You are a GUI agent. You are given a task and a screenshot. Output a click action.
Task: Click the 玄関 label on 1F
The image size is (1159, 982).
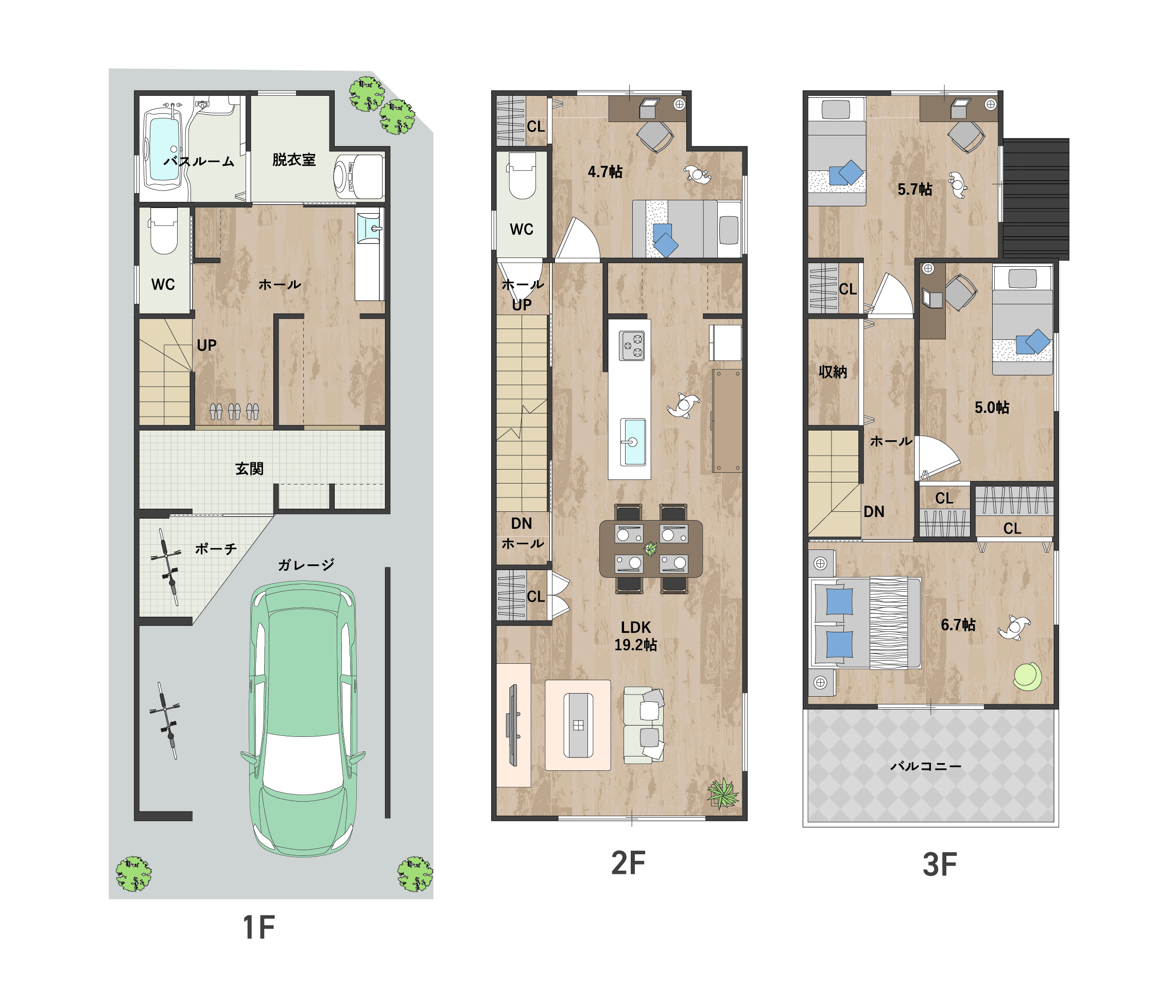[249, 469]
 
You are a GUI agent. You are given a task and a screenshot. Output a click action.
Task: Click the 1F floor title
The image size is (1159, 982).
[259, 927]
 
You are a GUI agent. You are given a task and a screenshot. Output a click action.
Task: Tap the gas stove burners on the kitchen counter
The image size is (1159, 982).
[631, 346]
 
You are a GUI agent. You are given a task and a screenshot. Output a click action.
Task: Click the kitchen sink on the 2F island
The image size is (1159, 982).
[633, 441]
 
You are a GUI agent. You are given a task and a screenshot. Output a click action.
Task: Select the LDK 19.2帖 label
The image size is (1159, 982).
[635, 636]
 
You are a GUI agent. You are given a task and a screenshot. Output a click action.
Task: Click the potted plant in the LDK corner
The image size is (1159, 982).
[722, 794]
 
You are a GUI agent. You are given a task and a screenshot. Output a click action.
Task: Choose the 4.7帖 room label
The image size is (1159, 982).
[605, 171]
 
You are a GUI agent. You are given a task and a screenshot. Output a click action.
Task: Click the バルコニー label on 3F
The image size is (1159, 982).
[926, 766]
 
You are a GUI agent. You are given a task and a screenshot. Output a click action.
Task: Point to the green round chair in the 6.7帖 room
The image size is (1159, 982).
[1027, 676]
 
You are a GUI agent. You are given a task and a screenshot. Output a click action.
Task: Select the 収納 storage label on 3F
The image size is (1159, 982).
[833, 371]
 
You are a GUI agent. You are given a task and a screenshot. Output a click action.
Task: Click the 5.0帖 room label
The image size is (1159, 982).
[992, 407]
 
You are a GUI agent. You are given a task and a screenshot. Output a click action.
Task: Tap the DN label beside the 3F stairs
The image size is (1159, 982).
[874, 511]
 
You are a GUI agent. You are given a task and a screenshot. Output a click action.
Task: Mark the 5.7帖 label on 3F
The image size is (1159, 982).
[914, 189]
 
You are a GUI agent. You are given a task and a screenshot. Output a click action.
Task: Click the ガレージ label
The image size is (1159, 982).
[306, 565]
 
